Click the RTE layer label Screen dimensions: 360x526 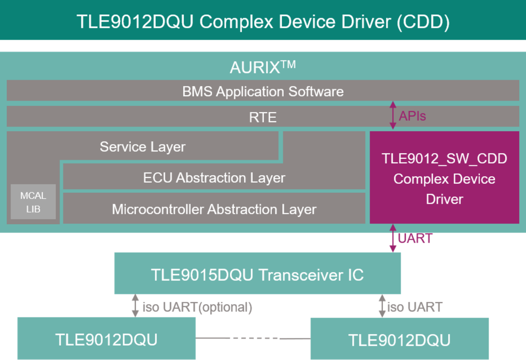tap(262, 117)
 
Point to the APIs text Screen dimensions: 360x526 tap(412, 116)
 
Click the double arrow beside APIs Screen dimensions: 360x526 tap(392, 116)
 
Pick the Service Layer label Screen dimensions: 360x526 tap(143, 146)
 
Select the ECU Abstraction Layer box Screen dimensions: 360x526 tap(214, 177)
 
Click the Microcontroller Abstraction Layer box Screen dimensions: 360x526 tap(214, 209)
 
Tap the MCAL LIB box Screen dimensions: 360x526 tap(33, 202)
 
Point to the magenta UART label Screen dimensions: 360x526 tap(415, 238)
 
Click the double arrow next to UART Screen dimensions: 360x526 tap(392, 238)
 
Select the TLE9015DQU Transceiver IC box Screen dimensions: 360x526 tap(257, 274)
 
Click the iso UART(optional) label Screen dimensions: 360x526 tap(197, 307)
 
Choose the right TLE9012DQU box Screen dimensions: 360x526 tap(399, 339)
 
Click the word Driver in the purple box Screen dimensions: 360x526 tap(444, 199)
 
